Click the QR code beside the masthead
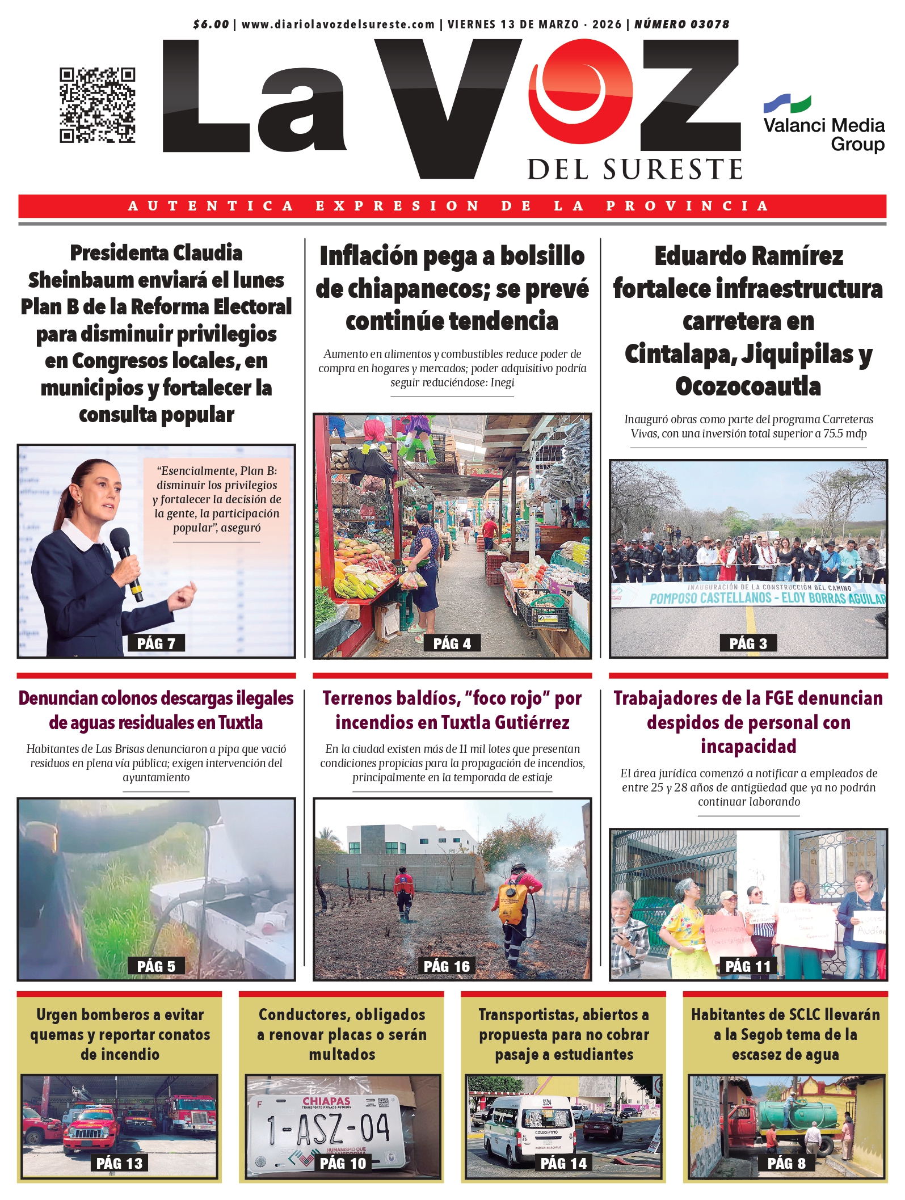97,105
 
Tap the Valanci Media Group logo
823,125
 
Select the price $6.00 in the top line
211,24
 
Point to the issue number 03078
706,24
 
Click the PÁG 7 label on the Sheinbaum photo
156,643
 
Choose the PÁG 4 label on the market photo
452,643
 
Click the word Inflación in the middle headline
369,256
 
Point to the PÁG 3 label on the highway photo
748,643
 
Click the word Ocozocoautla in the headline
748,386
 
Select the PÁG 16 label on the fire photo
447,966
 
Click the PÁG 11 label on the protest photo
748,966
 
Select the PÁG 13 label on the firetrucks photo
119,1163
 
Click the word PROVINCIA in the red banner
687,206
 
